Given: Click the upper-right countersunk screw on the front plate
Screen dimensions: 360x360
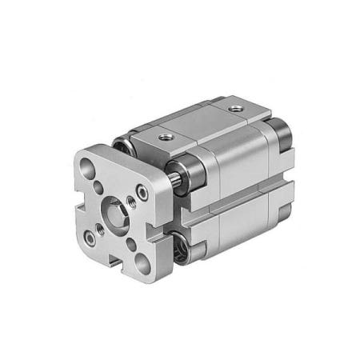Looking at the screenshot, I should coord(142,192).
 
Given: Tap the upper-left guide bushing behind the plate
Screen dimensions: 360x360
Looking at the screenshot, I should coord(122,146).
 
